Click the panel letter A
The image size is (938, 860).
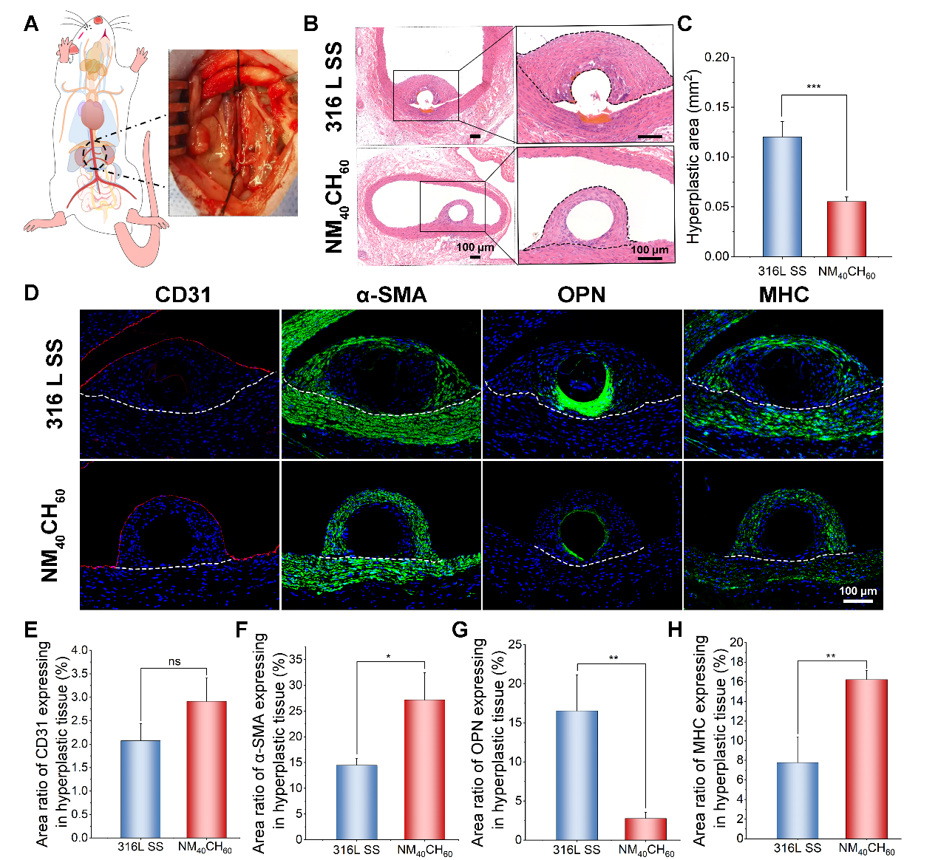tap(30, 24)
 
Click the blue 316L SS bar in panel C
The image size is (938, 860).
tap(782, 197)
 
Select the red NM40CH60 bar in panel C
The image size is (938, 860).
tap(846, 228)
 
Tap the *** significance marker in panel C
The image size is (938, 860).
tap(813, 88)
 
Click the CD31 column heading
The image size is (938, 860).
tap(183, 296)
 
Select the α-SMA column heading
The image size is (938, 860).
tap(391, 296)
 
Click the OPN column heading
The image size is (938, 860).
tap(581, 296)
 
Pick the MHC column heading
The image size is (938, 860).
tap(784, 296)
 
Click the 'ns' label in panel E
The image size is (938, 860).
tap(174, 662)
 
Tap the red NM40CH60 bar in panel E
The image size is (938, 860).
tap(206, 769)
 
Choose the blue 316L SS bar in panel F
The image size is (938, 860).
tap(356, 802)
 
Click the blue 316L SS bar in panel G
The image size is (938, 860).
tap(577, 775)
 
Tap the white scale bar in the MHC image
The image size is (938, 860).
tap(857, 601)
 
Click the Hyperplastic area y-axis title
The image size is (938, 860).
tap(693, 157)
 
